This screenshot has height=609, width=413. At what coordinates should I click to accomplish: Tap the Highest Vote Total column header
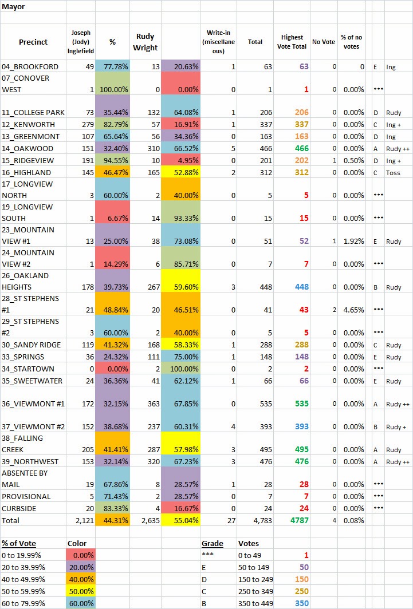point(292,42)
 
